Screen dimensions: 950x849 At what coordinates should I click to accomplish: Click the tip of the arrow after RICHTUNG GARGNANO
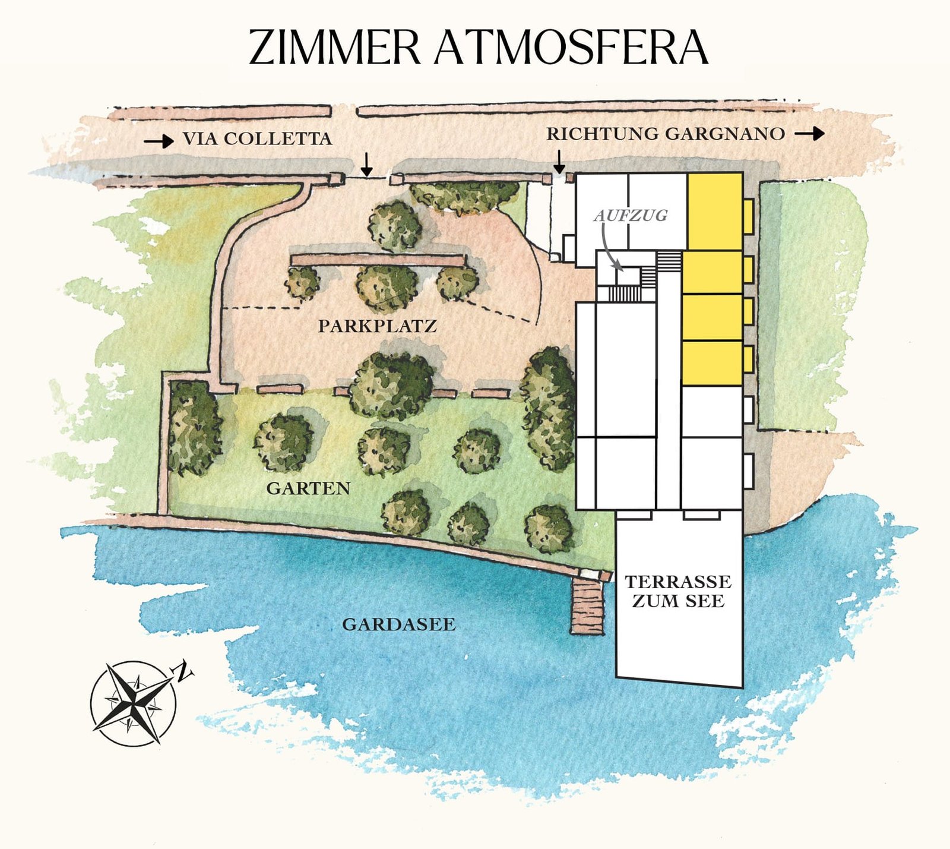(x=824, y=134)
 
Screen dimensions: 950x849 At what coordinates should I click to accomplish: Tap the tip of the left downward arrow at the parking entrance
(x=367, y=175)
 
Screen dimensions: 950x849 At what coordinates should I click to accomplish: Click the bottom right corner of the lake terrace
(x=742, y=687)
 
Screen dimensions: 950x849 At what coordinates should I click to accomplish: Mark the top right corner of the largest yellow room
(x=742, y=173)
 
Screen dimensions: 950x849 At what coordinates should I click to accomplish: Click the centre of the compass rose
(x=133, y=703)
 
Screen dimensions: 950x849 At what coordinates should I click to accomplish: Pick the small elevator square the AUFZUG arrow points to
(x=628, y=277)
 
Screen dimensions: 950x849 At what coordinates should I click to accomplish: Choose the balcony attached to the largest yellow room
(x=748, y=216)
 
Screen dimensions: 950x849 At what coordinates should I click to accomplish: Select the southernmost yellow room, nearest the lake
(x=712, y=363)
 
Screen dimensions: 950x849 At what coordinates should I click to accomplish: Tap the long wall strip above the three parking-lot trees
(x=378, y=260)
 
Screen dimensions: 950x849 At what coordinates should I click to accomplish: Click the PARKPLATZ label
(x=378, y=326)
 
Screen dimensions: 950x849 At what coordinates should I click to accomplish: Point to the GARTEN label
(x=308, y=488)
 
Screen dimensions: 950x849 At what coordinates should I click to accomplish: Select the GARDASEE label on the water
(x=399, y=624)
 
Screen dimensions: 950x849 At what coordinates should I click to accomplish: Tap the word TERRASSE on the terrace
(x=678, y=581)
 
